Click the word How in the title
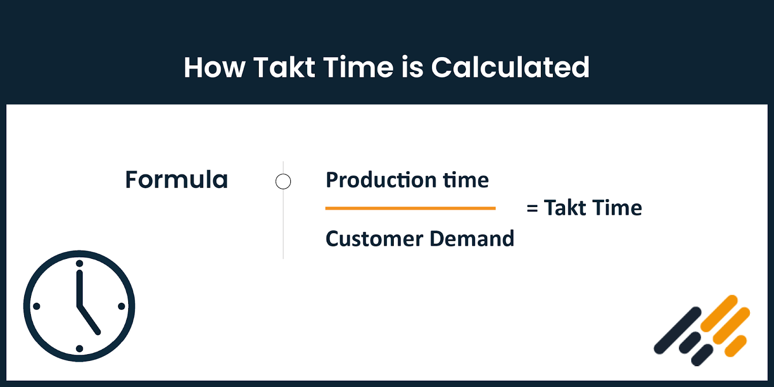(214, 67)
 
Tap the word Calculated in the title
(510, 67)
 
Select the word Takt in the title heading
(284, 67)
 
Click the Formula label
(177, 179)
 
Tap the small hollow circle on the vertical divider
(283, 181)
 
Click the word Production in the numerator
(381, 180)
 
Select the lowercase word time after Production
(466, 180)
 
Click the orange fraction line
(410, 208)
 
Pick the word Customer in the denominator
(374, 238)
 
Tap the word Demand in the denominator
(472, 238)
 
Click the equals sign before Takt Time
(532, 208)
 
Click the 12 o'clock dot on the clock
(79, 264)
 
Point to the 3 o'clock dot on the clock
(121, 306)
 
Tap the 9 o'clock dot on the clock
(37, 306)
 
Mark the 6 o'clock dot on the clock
(79, 348)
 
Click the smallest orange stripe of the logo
(736, 346)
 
